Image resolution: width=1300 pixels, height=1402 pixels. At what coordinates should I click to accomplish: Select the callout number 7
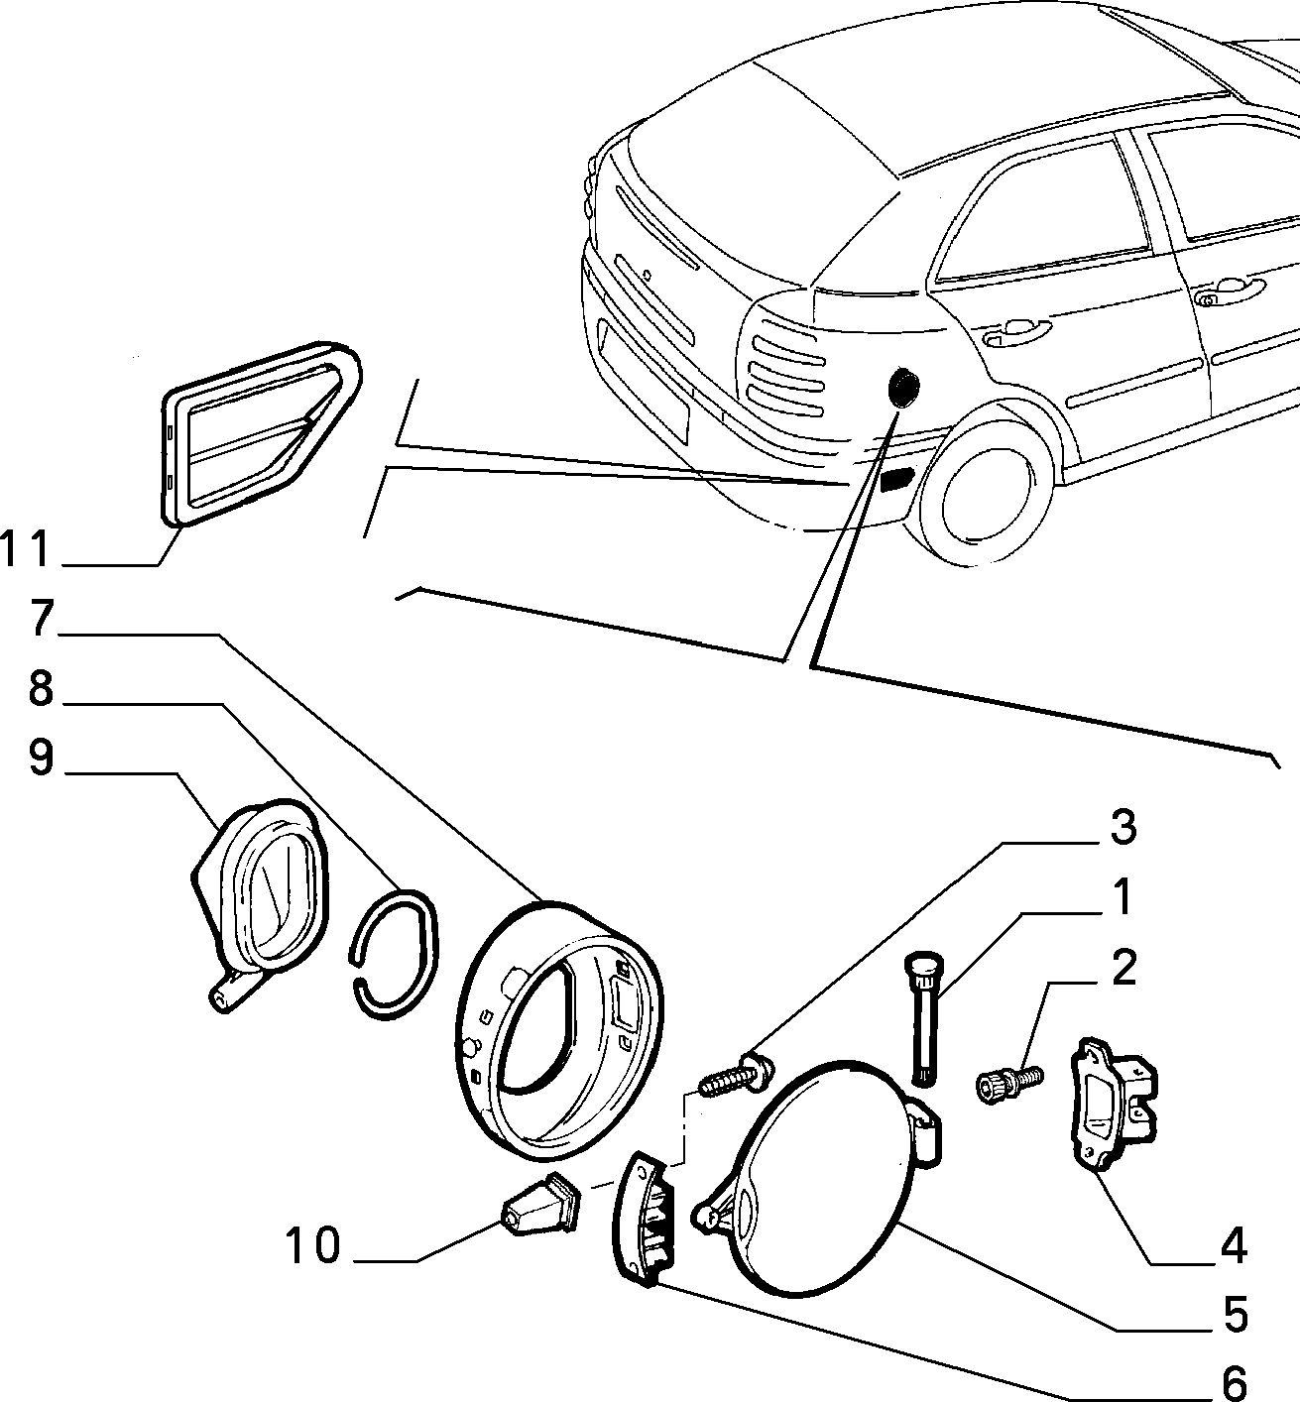(x=42, y=618)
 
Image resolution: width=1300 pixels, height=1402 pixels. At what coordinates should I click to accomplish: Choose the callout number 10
(x=312, y=1244)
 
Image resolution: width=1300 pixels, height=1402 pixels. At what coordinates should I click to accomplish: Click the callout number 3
(x=1123, y=826)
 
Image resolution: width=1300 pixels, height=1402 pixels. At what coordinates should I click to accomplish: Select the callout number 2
(x=1123, y=967)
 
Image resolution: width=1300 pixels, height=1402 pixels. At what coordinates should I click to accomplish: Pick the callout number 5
(x=1236, y=1315)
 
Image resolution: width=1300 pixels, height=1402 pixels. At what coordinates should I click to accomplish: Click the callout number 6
(x=1236, y=1382)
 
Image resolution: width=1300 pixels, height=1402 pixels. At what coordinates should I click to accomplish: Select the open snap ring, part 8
(x=394, y=955)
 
